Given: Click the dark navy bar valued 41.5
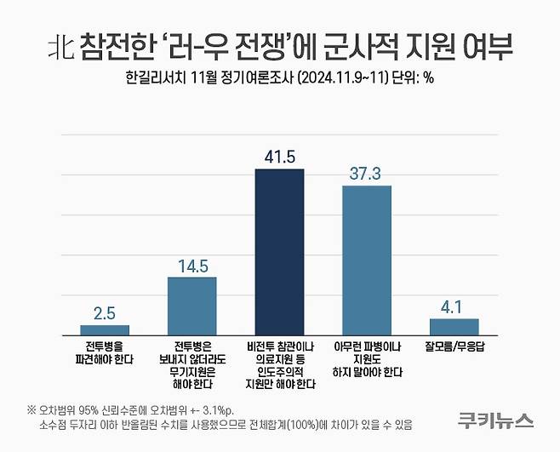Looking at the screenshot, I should coord(279,252).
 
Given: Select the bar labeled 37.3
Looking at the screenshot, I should coord(366,260).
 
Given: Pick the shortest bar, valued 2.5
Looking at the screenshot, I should coord(105,329).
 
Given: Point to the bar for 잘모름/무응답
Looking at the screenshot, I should coord(454,327).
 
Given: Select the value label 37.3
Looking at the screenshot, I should coord(366,174).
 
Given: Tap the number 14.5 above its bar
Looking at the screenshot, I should coord(191,266).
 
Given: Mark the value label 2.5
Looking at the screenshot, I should coord(105,313).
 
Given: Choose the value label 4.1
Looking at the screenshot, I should coord(454,306).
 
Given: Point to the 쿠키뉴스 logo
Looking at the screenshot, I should coord(494,419).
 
